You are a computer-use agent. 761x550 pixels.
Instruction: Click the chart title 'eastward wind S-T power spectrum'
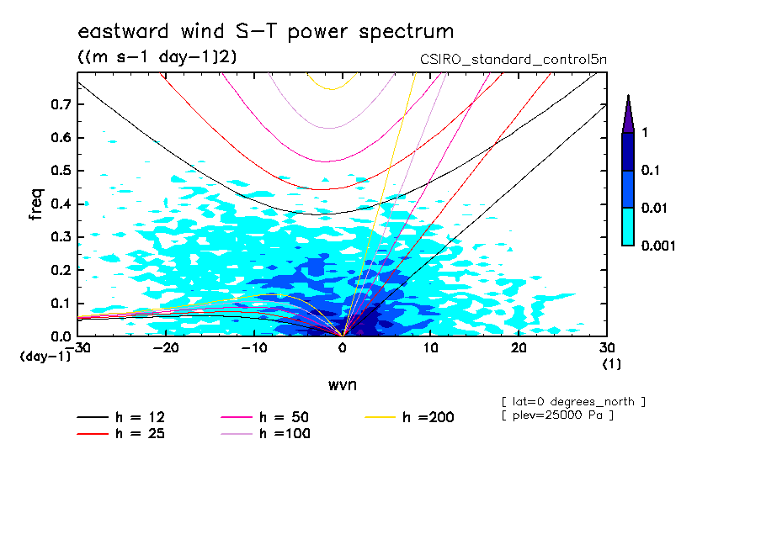pos(265,32)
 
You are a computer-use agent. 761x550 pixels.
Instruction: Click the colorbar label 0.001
pos(659,246)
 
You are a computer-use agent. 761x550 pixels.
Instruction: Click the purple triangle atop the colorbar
pos(628,114)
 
